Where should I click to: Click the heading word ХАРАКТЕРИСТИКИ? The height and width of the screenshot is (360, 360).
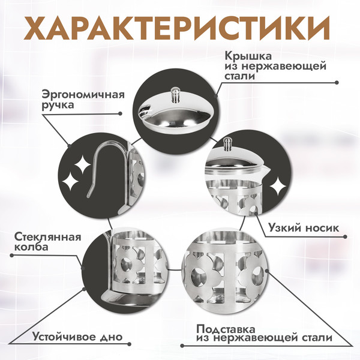click(179, 27)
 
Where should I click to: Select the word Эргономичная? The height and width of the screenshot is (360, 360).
click(83, 94)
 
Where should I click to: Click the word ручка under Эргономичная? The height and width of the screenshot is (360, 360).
click(58, 105)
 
